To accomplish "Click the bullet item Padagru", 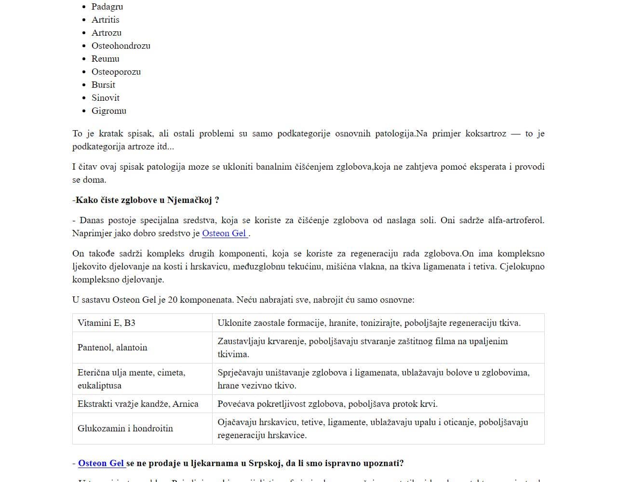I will (x=107, y=7).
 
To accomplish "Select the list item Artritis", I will (x=105, y=20).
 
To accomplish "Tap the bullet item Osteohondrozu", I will (x=121, y=46).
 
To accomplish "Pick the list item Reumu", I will (x=105, y=59).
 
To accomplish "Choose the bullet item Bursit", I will (x=103, y=85).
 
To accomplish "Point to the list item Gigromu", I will (x=108, y=111).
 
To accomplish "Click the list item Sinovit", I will (x=105, y=98).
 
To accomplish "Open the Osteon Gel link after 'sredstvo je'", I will (x=224, y=233).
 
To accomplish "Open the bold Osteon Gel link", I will (x=101, y=463).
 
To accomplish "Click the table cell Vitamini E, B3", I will (x=107, y=323).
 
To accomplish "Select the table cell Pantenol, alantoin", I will (x=112, y=348).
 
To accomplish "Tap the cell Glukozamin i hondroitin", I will (x=125, y=428).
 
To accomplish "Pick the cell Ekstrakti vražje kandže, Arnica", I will (x=138, y=404).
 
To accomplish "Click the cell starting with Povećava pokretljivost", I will (x=327, y=404).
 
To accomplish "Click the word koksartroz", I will (x=485, y=134).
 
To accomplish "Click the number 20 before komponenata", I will (x=173, y=300).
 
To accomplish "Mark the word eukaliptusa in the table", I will (x=99, y=386).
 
